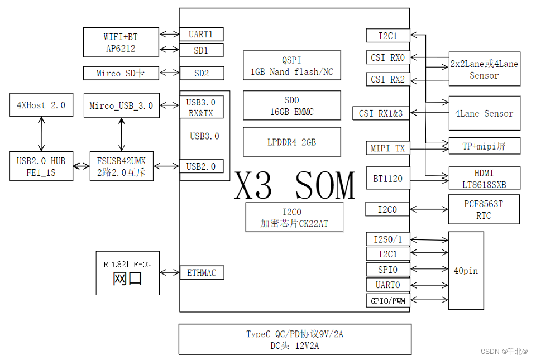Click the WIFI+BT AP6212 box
coord(121,42)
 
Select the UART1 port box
coord(201,35)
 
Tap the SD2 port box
coord(201,73)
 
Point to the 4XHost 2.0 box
coord(41,105)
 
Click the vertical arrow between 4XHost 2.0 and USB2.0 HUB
coord(41,133)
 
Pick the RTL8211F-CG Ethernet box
coord(127,273)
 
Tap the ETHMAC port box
coord(201,272)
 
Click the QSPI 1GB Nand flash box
coord(291,66)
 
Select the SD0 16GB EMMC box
coord(291,105)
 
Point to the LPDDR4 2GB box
coord(291,142)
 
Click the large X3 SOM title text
coord(295,185)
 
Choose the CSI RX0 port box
coord(388,57)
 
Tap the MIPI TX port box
coord(388,148)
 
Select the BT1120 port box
coord(388,179)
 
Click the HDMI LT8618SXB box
coord(484,179)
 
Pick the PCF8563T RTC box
coord(484,209)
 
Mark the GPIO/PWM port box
coord(388,301)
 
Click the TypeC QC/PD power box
coord(295,339)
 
